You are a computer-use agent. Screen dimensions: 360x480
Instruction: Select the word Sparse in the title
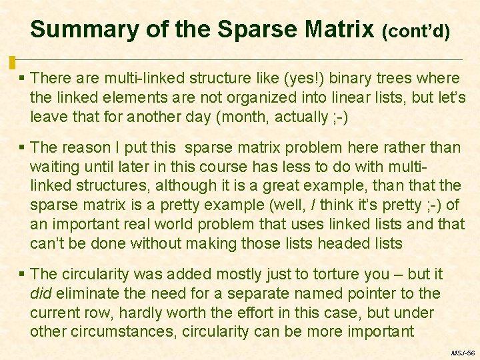point(257,29)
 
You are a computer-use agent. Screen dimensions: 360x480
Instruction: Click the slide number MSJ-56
point(463,352)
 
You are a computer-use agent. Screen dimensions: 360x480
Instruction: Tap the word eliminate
point(83,293)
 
